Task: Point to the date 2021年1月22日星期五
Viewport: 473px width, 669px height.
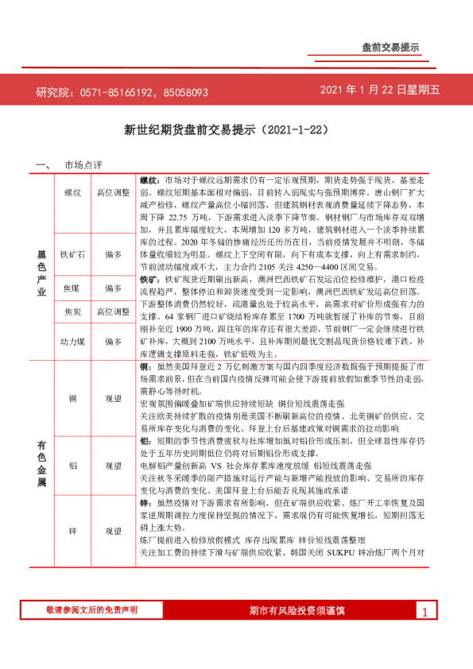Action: click(x=380, y=91)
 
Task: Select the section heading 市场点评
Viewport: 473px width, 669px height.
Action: click(x=83, y=165)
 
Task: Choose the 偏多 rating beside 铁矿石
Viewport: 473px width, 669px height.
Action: click(x=113, y=254)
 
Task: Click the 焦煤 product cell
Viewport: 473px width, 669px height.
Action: click(x=72, y=288)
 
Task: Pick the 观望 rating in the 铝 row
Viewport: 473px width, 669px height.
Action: click(x=113, y=466)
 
